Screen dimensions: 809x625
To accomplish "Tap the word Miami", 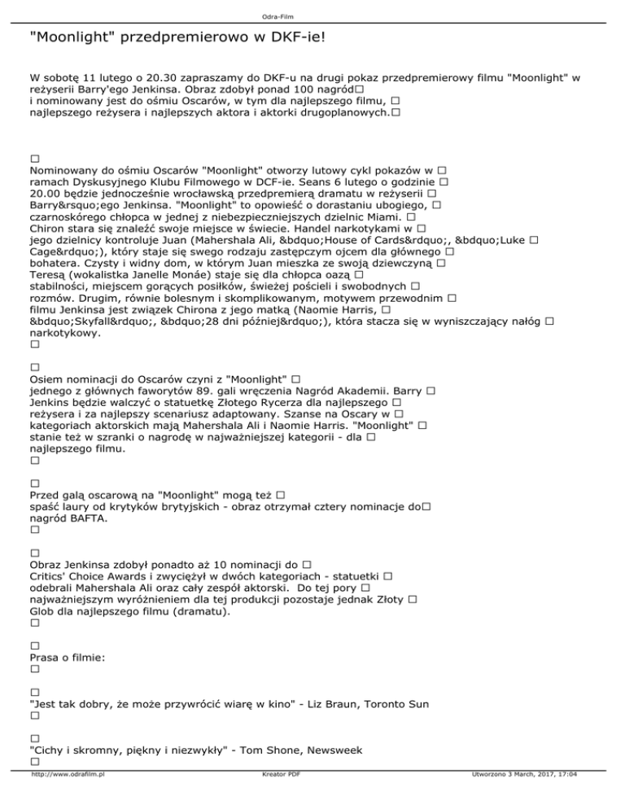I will (378, 218).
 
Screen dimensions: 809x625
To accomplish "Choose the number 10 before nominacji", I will (225, 564).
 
